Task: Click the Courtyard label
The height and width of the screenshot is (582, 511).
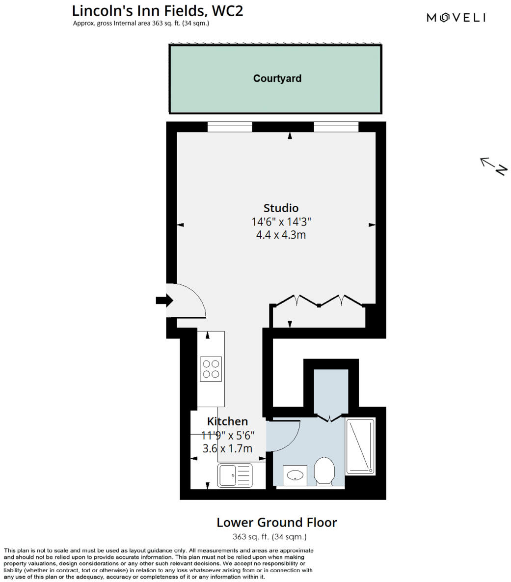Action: point(277,79)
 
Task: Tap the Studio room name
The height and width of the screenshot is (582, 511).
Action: point(281,208)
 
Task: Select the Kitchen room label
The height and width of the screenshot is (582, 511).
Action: point(227,421)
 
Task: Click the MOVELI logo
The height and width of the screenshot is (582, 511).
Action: point(456,18)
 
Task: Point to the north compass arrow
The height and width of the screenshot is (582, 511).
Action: point(493,166)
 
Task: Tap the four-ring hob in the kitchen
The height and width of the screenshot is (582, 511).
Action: point(211,369)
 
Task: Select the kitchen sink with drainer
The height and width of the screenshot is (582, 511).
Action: point(235,475)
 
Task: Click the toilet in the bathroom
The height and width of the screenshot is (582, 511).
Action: point(323,471)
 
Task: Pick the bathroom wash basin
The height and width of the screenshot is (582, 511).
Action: point(295,475)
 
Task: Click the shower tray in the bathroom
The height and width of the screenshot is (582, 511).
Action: point(361,446)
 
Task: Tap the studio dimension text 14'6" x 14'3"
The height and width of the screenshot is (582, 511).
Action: point(281,222)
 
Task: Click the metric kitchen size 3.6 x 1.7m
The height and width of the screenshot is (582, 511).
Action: point(227,448)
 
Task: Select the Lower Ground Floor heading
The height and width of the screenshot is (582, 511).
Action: point(277,522)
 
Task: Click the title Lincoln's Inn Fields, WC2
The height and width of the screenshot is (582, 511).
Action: point(158,10)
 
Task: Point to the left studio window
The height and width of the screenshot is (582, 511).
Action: point(230,127)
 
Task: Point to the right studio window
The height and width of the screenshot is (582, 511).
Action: point(336,127)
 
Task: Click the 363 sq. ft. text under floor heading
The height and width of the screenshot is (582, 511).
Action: point(269,537)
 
